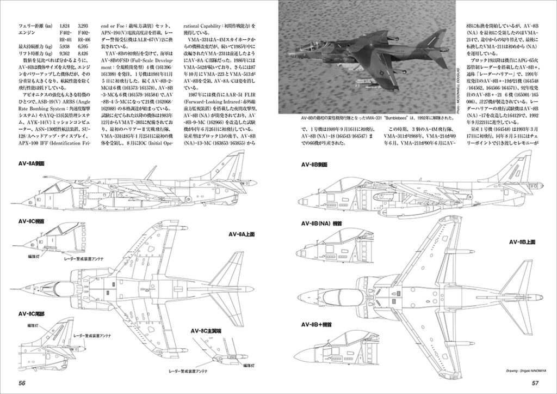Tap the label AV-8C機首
[x=34, y=222]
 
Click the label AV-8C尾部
[x=34, y=314]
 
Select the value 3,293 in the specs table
[x=83, y=25]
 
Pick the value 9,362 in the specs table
[x=64, y=53]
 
